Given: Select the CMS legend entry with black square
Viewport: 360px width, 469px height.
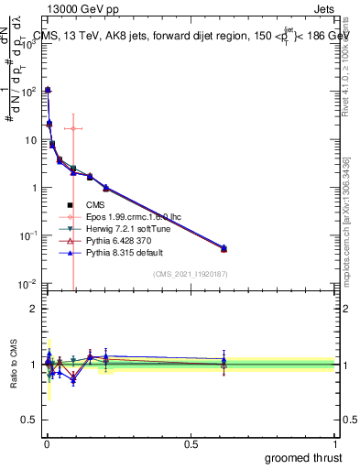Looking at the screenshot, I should click(x=95, y=205).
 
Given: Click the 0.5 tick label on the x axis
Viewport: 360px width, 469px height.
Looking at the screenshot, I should click(x=191, y=443).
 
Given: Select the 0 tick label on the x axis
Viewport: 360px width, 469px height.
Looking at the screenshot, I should click(x=47, y=443).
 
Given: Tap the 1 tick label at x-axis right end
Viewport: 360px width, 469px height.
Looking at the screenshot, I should click(x=334, y=443).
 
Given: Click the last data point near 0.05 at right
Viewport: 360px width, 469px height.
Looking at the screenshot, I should click(x=224, y=248).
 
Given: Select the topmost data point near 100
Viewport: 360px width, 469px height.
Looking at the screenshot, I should click(x=48, y=90).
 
